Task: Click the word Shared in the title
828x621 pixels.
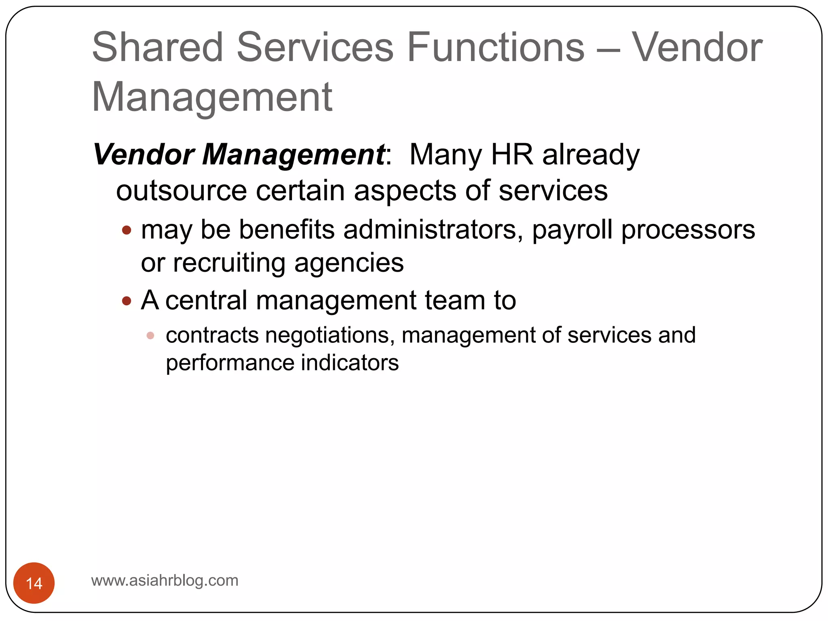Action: (x=158, y=47)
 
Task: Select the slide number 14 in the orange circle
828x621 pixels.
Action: (x=34, y=583)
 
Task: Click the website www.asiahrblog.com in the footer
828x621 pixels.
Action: (x=165, y=581)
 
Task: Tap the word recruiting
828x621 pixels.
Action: (x=229, y=263)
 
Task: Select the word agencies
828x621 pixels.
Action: (x=349, y=263)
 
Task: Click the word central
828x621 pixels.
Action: (x=206, y=300)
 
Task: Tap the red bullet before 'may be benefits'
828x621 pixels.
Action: (x=127, y=230)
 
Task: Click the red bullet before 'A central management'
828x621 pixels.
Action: (x=127, y=301)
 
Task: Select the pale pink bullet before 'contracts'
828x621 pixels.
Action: (x=150, y=336)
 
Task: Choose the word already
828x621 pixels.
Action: (x=591, y=154)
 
